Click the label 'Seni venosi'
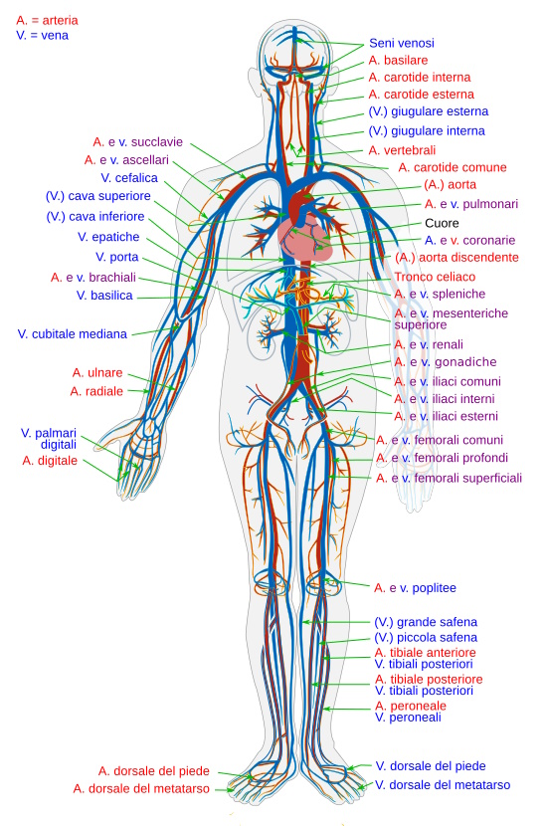[x=401, y=43]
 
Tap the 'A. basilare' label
[x=398, y=60]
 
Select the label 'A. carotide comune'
[x=453, y=167]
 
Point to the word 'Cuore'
[x=442, y=223]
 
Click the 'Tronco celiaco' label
[x=435, y=277]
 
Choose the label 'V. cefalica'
[x=129, y=178]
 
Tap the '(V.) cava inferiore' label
[x=95, y=217]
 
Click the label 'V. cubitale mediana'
[x=73, y=334]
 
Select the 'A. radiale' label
[x=96, y=391]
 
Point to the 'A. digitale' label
[x=50, y=461]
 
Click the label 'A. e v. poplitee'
[x=415, y=588]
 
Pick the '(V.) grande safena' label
[x=426, y=622]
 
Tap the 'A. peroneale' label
[x=411, y=706]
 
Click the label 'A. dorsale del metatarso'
[x=141, y=788]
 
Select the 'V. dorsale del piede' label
[x=430, y=766]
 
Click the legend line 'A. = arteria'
[x=47, y=21]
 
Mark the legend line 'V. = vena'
[x=42, y=35]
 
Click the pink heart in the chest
[x=305, y=238]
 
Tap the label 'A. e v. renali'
[x=429, y=344]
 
